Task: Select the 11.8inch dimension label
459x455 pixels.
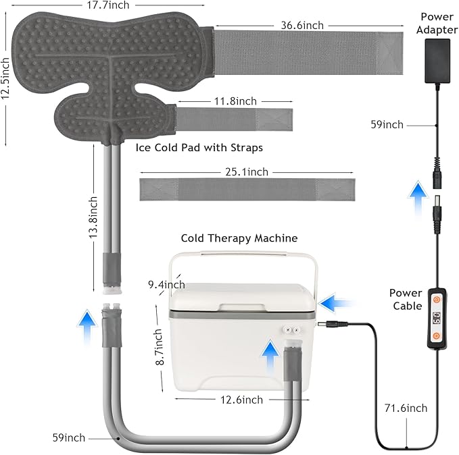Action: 236,101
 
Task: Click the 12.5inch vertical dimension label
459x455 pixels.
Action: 6,76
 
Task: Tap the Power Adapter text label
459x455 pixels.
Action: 437,23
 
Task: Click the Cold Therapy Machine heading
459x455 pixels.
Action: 239,238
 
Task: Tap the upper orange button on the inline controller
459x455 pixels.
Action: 436,298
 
